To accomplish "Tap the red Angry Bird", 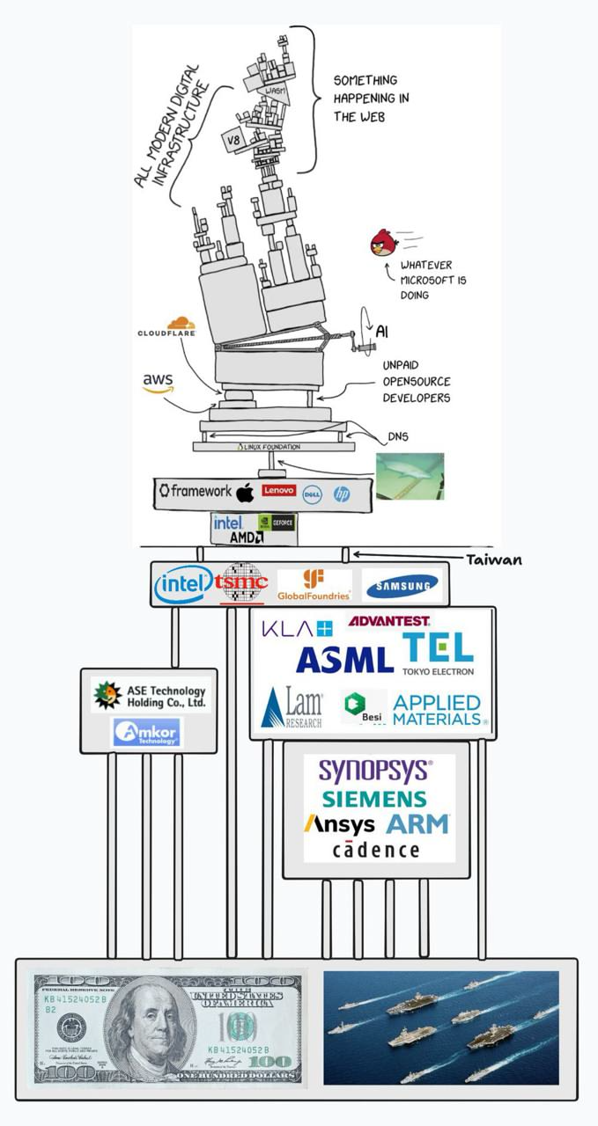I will [384, 242].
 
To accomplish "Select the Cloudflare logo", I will [166, 328].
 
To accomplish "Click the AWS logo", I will [159, 383].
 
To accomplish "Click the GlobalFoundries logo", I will [314, 585].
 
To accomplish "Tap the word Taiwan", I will [494, 559].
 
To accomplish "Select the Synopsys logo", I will [375, 771].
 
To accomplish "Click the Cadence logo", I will [376, 849].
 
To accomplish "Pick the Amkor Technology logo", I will [147, 732].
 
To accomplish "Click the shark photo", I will [410, 476].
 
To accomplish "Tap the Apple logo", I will [245, 492].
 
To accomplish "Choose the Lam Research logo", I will [293, 707].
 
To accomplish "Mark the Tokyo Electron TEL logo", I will [438, 653].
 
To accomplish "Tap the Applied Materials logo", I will [438, 710].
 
